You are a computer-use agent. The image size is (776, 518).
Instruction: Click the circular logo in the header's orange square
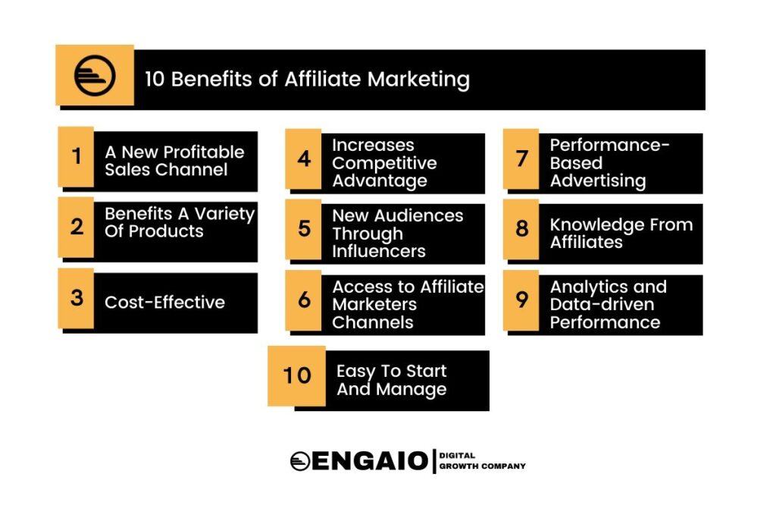point(95,76)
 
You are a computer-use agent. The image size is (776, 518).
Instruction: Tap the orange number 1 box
point(76,156)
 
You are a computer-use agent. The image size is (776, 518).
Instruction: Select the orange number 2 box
point(76,228)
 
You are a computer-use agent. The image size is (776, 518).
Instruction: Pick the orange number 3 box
point(76,298)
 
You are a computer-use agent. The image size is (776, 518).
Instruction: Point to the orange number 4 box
point(303,159)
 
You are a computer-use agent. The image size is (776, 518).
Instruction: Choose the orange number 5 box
point(303,229)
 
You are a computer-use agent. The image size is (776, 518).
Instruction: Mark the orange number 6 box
point(303,300)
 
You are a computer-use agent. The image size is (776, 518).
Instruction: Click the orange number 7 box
point(521,159)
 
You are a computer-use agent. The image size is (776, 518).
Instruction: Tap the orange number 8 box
point(521,229)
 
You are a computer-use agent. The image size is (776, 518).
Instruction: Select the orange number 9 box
point(521,300)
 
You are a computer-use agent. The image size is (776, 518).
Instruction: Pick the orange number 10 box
point(297,376)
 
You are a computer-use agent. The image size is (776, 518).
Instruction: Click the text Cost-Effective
point(164,302)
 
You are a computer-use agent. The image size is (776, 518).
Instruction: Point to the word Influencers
point(379,251)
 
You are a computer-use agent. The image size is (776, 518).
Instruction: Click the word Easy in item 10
point(356,372)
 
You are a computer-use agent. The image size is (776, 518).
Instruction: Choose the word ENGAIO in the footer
point(370,461)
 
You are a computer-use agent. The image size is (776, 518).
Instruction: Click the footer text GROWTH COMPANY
point(483,466)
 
